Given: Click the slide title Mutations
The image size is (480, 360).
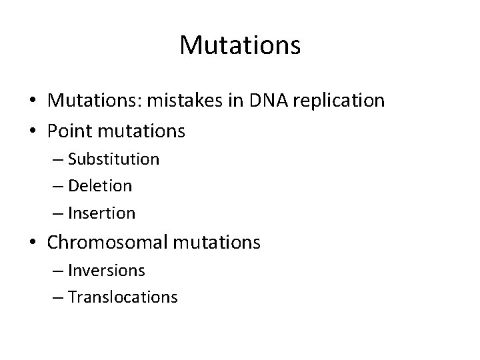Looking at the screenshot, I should pyautogui.click(x=240, y=45).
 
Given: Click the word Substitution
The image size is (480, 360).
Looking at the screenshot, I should pyautogui.click(x=113, y=159).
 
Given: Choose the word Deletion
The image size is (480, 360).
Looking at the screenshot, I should pyautogui.click(x=99, y=186).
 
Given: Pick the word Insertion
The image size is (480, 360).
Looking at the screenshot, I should pyautogui.click(x=101, y=213).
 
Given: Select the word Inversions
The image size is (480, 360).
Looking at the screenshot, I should pyautogui.click(x=106, y=271).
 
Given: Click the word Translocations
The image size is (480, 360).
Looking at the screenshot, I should pyautogui.click(x=122, y=297).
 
